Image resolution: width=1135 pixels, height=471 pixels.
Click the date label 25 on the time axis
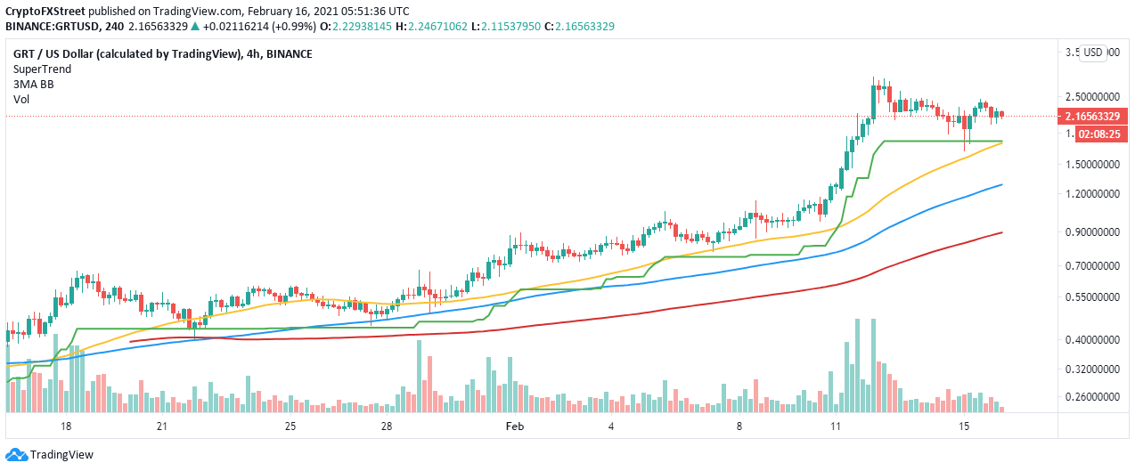click(291, 426)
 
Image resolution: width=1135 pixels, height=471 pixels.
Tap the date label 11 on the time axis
click(836, 426)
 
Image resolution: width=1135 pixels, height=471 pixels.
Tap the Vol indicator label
click(20, 100)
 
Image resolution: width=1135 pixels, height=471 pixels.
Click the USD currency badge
click(1093, 53)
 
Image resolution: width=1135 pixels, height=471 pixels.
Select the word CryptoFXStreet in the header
click(42, 12)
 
